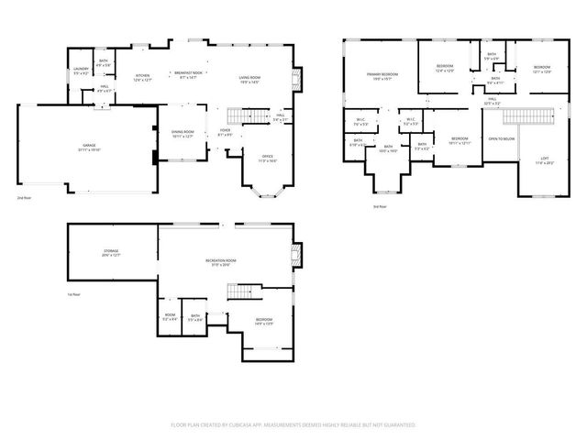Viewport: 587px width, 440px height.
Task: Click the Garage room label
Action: click(90, 146)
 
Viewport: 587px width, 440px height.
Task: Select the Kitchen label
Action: click(143, 77)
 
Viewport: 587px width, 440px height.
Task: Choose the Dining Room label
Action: click(183, 133)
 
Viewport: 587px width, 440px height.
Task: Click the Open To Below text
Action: click(501, 138)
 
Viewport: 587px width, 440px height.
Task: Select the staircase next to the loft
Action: click(533, 116)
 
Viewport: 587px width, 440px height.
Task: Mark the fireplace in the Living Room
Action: click(294, 79)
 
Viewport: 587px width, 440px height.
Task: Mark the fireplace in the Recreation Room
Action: click(294, 253)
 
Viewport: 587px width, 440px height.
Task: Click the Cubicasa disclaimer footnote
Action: click(293, 425)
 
